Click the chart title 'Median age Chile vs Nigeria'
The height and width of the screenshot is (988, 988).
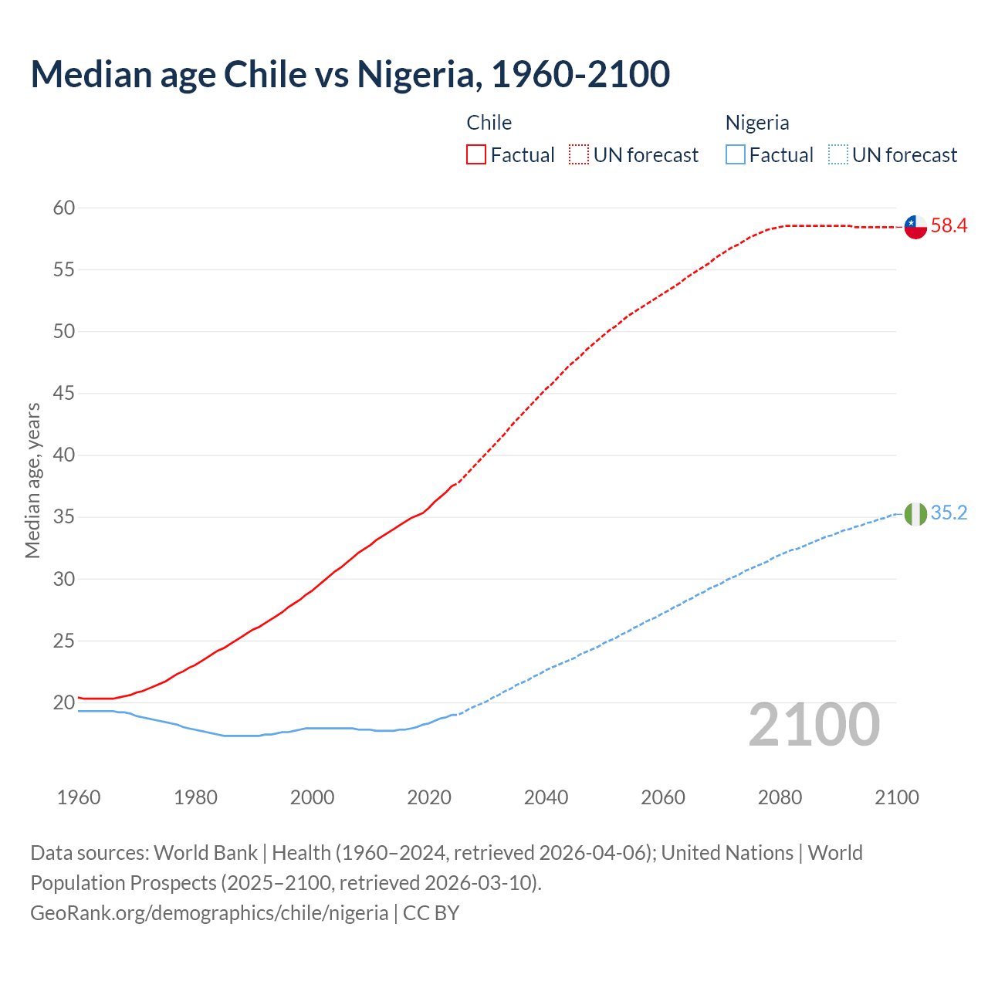click(x=350, y=74)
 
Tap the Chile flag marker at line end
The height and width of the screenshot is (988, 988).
click(x=915, y=227)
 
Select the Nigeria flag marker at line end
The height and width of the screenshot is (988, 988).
click(x=915, y=514)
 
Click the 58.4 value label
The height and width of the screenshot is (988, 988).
click(x=949, y=226)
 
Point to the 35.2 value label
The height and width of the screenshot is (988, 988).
click(x=949, y=513)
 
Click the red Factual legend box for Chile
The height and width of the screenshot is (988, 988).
click(x=476, y=155)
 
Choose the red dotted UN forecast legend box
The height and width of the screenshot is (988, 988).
click(x=579, y=155)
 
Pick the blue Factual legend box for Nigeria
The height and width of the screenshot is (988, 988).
click(x=736, y=155)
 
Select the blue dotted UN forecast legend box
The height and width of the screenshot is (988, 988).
click(x=838, y=155)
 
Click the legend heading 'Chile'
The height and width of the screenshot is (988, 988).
click(x=489, y=123)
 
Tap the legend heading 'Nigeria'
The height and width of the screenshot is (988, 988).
click(x=757, y=123)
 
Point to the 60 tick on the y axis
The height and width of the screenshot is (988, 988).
click(x=64, y=208)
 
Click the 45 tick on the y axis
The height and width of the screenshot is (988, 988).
click(x=64, y=394)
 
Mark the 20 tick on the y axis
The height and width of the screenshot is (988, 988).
click(x=64, y=702)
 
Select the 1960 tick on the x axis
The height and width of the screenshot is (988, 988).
click(x=79, y=797)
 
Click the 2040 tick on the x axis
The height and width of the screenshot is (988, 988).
click(x=546, y=797)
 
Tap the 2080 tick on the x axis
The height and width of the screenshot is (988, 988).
click(x=780, y=797)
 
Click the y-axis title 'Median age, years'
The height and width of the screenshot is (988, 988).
click(x=32, y=480)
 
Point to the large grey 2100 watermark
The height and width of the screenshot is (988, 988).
click(x=814, y=724)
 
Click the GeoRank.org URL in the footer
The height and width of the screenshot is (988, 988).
click(x=209, y=913)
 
